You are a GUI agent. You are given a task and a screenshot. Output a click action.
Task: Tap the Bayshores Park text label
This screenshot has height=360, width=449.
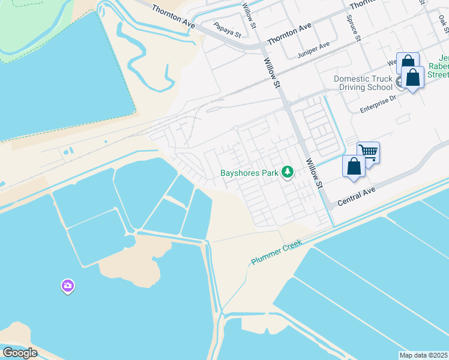[250, 173]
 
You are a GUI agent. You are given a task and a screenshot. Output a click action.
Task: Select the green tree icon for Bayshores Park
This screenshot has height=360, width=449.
[288, 173]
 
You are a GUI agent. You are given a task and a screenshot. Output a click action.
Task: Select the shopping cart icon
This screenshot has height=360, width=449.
[369, 152]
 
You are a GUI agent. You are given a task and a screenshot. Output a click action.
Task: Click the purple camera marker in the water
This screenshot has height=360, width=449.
[68, 286]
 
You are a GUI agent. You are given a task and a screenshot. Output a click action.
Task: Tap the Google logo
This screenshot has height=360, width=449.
[20, 353]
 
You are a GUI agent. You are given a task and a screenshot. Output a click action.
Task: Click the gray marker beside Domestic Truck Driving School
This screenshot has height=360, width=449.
[400, 81]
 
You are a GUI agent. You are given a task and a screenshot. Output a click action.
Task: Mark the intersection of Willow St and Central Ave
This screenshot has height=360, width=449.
[329, 206]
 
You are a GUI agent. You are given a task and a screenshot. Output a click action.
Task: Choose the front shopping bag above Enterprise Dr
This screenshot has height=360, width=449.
[413, 78]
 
